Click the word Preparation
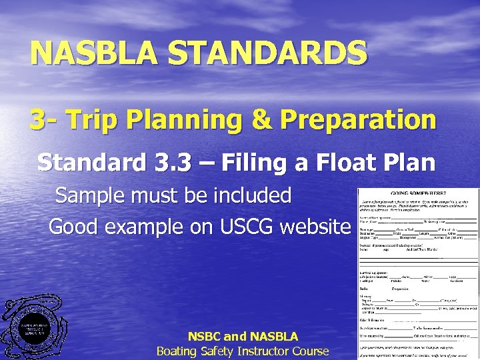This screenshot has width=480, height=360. [x=359, y=120]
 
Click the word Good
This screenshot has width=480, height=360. [x=73, y=226]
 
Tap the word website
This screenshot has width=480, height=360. [x=315, y=226]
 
